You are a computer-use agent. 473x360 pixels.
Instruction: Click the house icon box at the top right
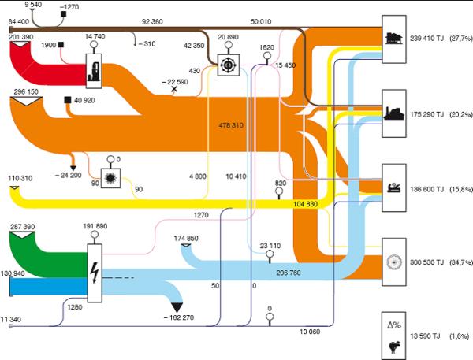pyautogui.click(x=394, y=39)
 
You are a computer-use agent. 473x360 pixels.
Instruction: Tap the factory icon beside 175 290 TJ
pyautogui.click(x=393, y=114)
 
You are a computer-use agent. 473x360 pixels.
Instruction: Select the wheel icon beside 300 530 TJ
pyautogui.click(x=394, y=262)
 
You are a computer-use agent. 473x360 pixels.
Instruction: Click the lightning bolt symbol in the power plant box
pyautogui.click(x=95, y=273)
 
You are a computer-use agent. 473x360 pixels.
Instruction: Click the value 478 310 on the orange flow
pyautogui.click(x=231, y=125)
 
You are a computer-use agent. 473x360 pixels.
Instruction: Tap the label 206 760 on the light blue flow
pyautogui.click(x=289, y=273)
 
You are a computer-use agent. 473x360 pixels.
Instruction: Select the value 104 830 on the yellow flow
pyautogui.click(x=305, y=204)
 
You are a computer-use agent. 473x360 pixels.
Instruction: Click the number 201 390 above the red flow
pyautogui.click(x=20, y=37)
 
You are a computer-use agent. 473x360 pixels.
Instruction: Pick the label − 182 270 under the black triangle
pyautogui.click(x=179, y=317)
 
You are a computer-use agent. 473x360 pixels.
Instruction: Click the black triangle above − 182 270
pyautogui.click(x=177, y=307)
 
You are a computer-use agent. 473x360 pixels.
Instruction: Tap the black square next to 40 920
pyautogui.click(x=68, y=100)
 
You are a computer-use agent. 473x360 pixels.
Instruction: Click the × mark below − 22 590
pyautogui.click(x=174, y=89)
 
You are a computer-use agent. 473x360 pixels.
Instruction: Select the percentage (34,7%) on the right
pyautogui.click(x=461, y=262)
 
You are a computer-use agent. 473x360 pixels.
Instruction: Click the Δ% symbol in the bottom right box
pyautogui.click(x=394, y=325)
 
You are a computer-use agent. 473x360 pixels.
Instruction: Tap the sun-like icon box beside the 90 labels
pyautogui.click(x=110, y=178)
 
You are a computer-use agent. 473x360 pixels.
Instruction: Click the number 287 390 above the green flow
pyautogui.click(x=23, y=227)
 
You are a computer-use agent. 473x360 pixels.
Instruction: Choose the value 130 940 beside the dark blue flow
pyautogui.click(x=13, y=273)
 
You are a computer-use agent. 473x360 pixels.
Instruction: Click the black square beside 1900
pyautogui.click(x=61, y=45)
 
